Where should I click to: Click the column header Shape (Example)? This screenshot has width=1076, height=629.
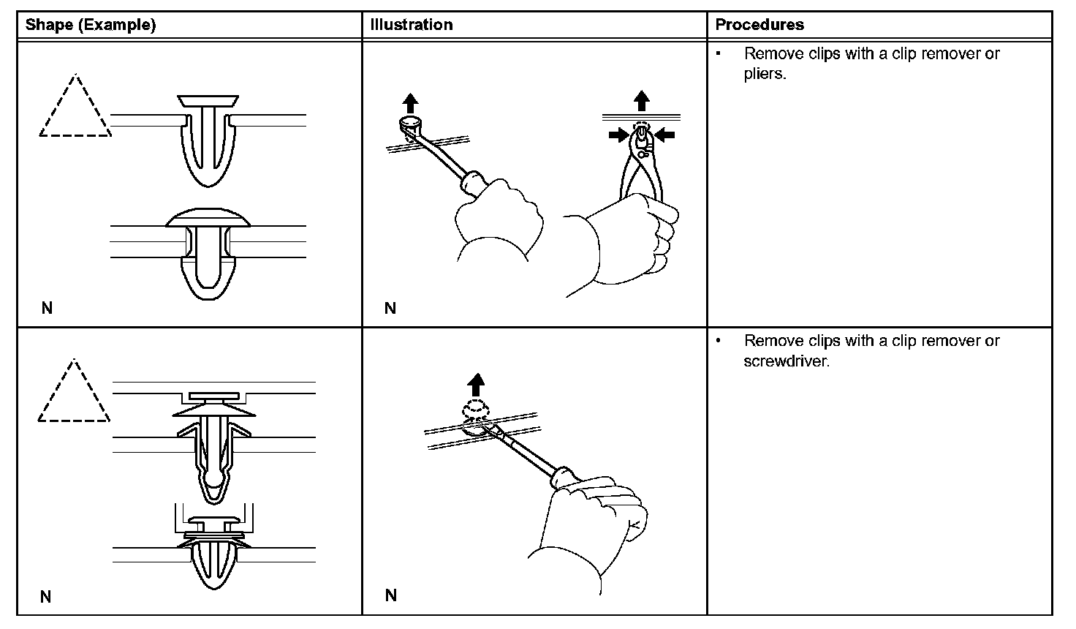coord(91,25)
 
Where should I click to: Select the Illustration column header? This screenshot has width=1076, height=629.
coord(412,25)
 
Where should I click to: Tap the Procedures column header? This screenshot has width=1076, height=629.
coord(759,25)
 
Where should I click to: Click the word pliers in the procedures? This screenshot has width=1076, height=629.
coord(765,74)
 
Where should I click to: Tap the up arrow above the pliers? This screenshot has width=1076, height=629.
coord(641,100)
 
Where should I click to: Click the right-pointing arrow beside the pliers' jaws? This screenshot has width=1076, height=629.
coord(618,134)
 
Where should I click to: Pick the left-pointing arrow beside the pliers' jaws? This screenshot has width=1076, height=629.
coord(664,134)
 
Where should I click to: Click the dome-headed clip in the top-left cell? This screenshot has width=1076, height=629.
coord(208,252)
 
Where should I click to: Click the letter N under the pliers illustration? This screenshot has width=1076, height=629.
coord(390,308)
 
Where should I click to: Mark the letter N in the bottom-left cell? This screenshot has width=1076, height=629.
coord(46,597)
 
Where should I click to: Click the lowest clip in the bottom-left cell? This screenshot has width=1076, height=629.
coord(214,552)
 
